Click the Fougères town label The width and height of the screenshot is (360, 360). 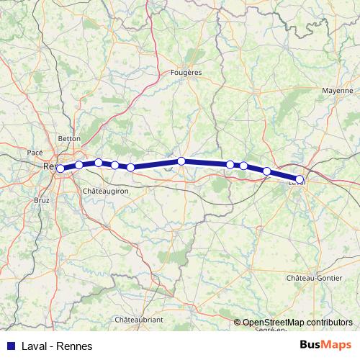tap(187, 73)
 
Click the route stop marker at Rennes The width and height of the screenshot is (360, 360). tap(60, 168)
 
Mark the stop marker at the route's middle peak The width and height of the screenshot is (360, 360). tap(181, 161)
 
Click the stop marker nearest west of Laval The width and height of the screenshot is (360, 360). tap(267, 171)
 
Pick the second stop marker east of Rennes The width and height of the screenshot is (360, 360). tap(99, 163)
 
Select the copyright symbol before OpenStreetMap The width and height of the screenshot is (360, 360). tap(238, 323)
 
